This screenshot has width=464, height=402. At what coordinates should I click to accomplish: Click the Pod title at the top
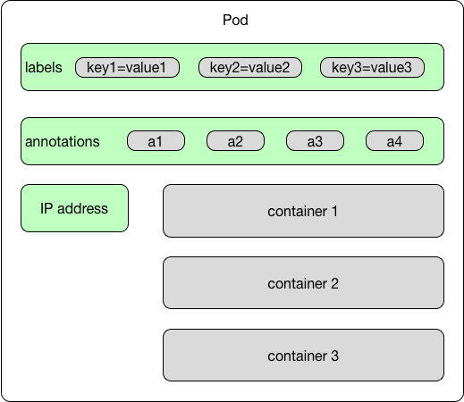click(x=235, y=20)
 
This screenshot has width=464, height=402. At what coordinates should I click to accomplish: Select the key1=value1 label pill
click(x=127, y=68)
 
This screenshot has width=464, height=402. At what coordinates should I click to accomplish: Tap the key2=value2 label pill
click(x=250, y=68)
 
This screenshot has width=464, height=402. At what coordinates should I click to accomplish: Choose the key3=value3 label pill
click(x=372, y=68)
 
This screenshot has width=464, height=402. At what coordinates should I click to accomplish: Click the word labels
click(x=44, y=68)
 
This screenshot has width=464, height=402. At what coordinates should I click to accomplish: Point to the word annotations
click(x=63, y=141)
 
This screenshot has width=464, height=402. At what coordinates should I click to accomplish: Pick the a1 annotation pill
click(x=156, y=141)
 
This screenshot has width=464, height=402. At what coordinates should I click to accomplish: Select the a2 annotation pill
click(x=235, y=141)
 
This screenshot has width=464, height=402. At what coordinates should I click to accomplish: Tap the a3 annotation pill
click(x=315, y=141)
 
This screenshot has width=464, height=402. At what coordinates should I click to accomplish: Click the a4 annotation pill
click(x=394, y=141)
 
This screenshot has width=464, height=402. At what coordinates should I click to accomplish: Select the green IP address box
click(x=74, y=208)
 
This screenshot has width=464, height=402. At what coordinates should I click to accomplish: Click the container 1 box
click(x=303, y=211)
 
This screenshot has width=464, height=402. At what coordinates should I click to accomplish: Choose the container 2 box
click(x=303, y=283)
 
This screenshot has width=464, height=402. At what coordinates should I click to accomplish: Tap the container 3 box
click(x=303, y=356)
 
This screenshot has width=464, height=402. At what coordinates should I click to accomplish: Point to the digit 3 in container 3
click(x=334, y=356)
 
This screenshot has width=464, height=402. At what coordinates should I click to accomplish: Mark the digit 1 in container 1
click(x=334, y=212)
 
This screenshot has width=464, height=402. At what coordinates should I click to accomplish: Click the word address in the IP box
click(x=82, y=208)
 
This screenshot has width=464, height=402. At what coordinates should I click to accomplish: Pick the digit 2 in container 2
click(x=334, y=284)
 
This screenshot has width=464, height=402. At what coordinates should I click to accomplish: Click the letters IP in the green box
click(x=46, y=208)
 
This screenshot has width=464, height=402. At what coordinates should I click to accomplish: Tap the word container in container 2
click(x=298, y=284)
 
